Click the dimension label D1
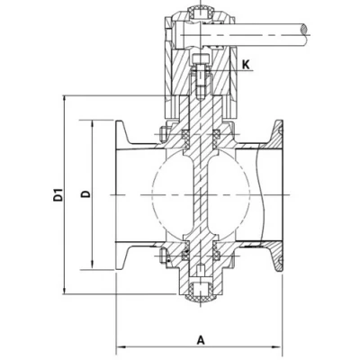[x=58, y=193]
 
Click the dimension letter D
[x=83, y=193]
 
